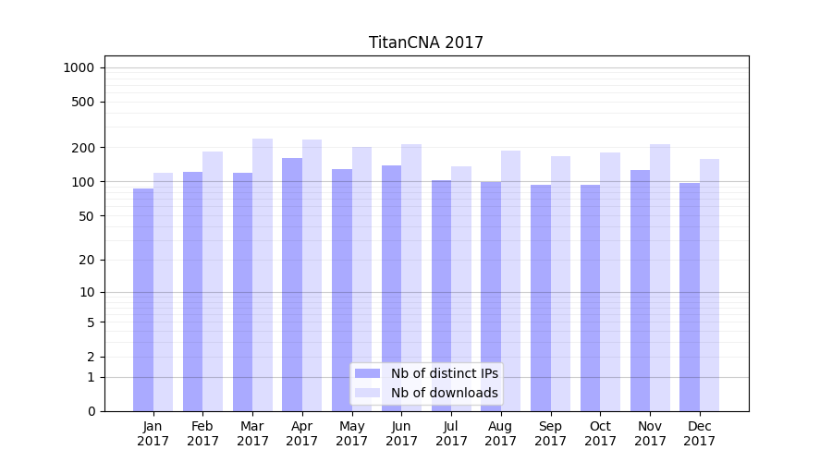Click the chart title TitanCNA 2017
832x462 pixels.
pyautogui.click(x=425, y=43)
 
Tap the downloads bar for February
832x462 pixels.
pyautogui.click(x=213, y=281)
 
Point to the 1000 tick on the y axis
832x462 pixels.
pyautogui.click(x=79, y=67)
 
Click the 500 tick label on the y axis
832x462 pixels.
pyautogui.click(x=82, y=102)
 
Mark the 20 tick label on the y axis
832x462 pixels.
pyautogui.click(x=86, y=260)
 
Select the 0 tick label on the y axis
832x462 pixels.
pyautogui.click(x=90, y=411)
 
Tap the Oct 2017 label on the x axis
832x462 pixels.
pyautogui.click(x=600, y=433)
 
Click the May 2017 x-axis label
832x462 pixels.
pyautogui.click(x=352, y=433)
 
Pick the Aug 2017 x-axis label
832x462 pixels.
pyautogui.click(x=501, y=433)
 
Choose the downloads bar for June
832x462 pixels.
pyautogui.click(x=411, y=277)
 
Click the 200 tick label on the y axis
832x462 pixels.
pyautogui.click(x=82, y=148)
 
